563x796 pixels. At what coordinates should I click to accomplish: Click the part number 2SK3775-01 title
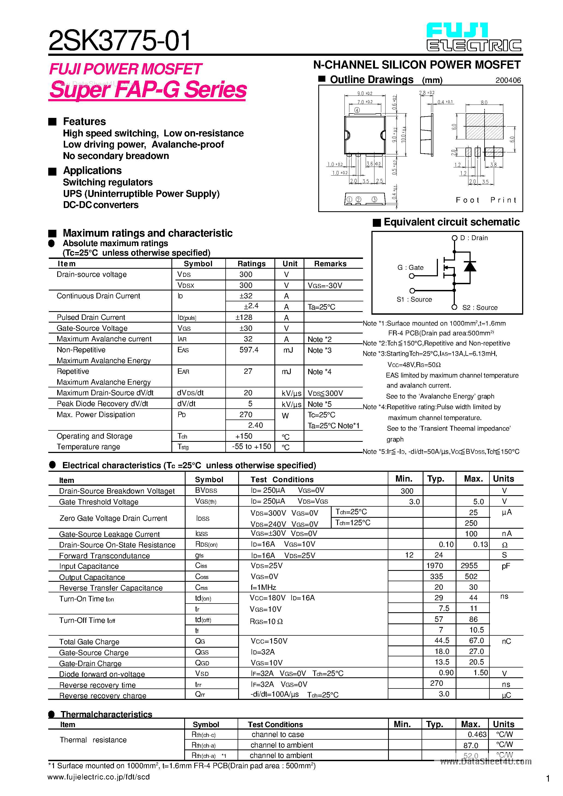click(119, 41)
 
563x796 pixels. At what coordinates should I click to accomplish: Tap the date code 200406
click(508, 80)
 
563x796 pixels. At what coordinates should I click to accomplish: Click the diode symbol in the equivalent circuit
click(470, 266)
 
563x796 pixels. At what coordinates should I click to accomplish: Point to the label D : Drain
click(473, 238)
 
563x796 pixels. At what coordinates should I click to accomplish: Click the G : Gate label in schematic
click(410, 268)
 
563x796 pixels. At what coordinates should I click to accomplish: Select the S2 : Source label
click(480, 308)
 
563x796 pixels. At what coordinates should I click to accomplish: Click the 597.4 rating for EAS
click(249, 350)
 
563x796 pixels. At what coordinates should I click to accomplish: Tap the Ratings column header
click(251, 264)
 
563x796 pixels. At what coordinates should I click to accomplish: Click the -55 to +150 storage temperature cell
click(251, 446)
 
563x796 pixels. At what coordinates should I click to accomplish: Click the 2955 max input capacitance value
click(469, 565)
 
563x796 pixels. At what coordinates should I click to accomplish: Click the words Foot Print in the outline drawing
click(486, 200)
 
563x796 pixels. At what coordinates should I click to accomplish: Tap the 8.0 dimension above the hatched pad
click(484, 103)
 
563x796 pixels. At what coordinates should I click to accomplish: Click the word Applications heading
click(92, 171)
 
